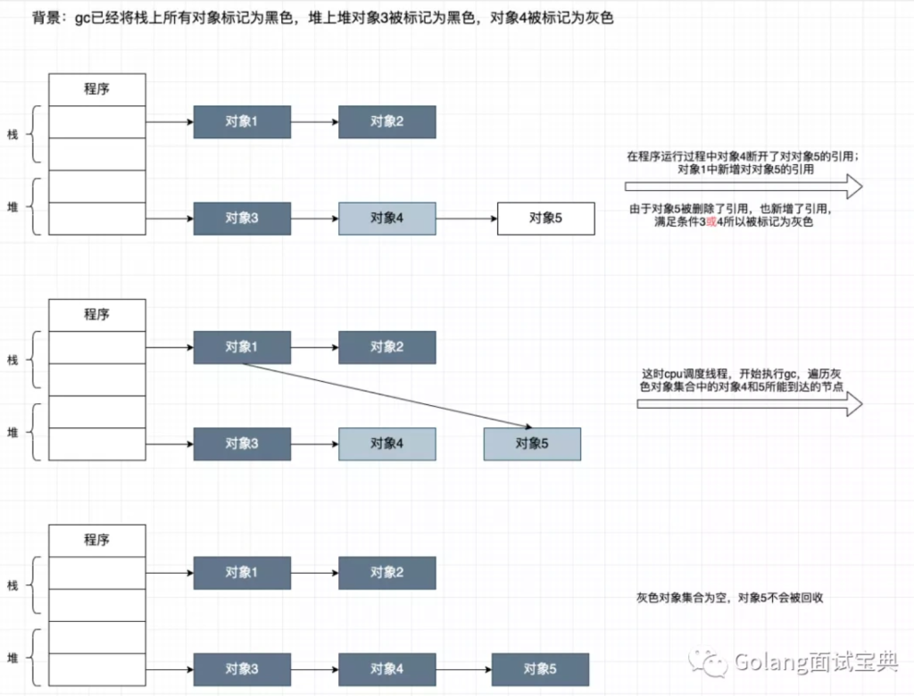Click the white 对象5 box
click(545, 218)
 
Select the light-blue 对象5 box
click(532, 443)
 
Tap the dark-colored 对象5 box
click(540, 669)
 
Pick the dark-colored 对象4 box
click(387, 669)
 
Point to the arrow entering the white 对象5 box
click(467, 218)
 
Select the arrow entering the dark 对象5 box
click(463, 669)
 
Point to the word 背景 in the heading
click(46, 18)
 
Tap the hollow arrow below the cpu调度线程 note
click(749, 404)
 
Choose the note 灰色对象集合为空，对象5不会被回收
click(729, 597)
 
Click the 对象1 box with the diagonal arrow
click(242, 347)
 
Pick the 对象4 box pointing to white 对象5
click(387, 218)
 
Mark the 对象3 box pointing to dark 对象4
click(242, 669)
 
